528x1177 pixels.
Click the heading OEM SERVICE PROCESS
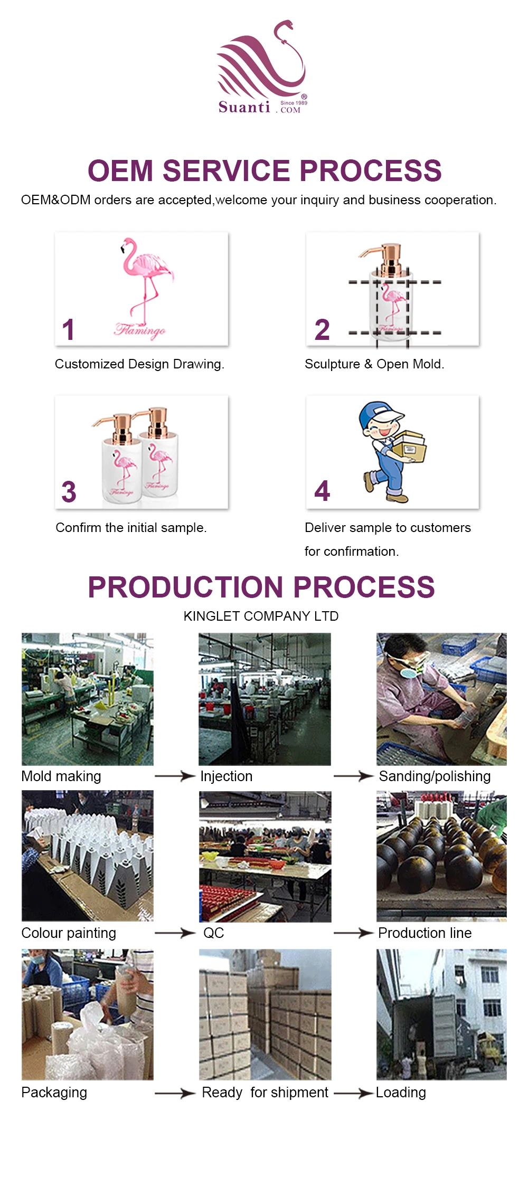click(264, 171)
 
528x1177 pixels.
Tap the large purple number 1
click(68, 329)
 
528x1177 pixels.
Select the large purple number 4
click(322, 491)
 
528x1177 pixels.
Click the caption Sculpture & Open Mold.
click(374, 364)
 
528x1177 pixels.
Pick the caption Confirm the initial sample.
click(131, 528)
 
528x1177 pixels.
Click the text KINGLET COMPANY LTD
click(261, 616)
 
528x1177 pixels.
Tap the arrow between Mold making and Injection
click(175, 776)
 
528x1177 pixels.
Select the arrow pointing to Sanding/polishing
click(353, 776)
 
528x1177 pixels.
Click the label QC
click(214, 933)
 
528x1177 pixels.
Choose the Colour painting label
click(69, 933)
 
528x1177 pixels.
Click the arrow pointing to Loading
click(353, 1093)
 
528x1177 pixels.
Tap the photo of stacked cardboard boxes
click(265, 1014)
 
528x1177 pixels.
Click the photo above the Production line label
click(441, 856)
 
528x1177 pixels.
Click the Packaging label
click(54, 1093)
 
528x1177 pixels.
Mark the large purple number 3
click(69, 492)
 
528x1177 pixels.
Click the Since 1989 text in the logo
click(294, 103)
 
